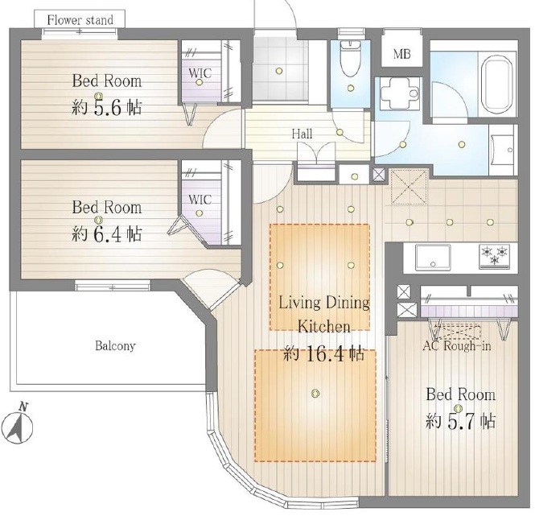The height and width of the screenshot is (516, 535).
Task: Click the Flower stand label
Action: (80, 20)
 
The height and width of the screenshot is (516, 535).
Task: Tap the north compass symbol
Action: (20, 423)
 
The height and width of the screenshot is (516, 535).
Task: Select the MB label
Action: (402, 54)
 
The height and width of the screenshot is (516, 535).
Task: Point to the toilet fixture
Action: (351, 59)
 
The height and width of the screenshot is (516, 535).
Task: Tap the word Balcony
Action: (115, 346)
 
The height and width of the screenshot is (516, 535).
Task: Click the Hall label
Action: (302, 134)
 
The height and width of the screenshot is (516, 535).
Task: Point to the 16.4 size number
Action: (325, 354)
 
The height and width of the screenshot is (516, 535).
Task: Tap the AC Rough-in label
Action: (457, 346)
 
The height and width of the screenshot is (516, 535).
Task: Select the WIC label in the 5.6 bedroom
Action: (200, 72)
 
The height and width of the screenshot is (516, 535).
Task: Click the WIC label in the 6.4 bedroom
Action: (200, 200)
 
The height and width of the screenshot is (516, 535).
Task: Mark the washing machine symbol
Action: (399, 93)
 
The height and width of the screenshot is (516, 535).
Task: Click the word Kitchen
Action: (324, 327)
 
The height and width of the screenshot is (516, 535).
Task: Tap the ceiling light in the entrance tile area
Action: (279, 71)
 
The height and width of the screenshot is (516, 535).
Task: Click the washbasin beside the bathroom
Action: (504, 150)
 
